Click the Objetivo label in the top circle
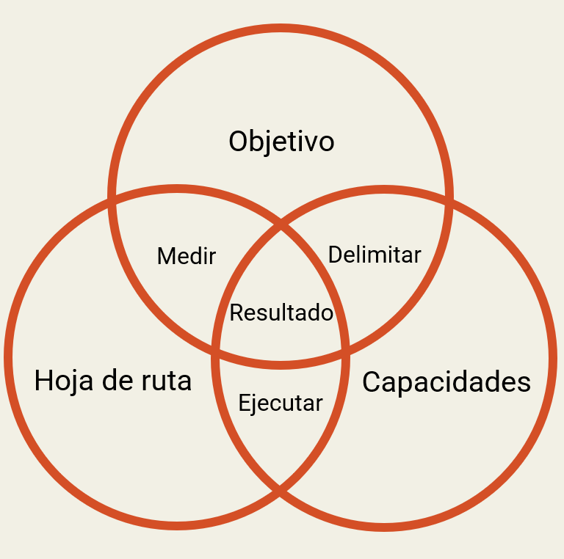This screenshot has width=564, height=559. (281, 142)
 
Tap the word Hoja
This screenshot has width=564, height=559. (64, 381)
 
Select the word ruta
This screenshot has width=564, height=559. (167, 381)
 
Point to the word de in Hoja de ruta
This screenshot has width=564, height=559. (117, 380)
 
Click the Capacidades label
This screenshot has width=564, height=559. (446, 382)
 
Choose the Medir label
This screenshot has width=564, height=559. (187, 256)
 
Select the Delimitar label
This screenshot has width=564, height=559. (375, 255)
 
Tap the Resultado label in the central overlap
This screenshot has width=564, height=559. (281, 313)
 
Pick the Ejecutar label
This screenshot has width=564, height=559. (281, 403)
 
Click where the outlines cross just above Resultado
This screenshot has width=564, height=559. (281, 224)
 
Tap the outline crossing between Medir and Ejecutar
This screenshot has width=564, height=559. (215, 351)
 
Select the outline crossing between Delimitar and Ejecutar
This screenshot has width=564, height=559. (345, 351)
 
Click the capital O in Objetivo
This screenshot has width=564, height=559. (238, 142)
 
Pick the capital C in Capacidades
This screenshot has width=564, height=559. (371, 382)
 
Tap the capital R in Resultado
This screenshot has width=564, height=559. (236, 313)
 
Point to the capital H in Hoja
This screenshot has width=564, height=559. (43, 381)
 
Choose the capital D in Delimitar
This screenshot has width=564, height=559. (335, 255)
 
